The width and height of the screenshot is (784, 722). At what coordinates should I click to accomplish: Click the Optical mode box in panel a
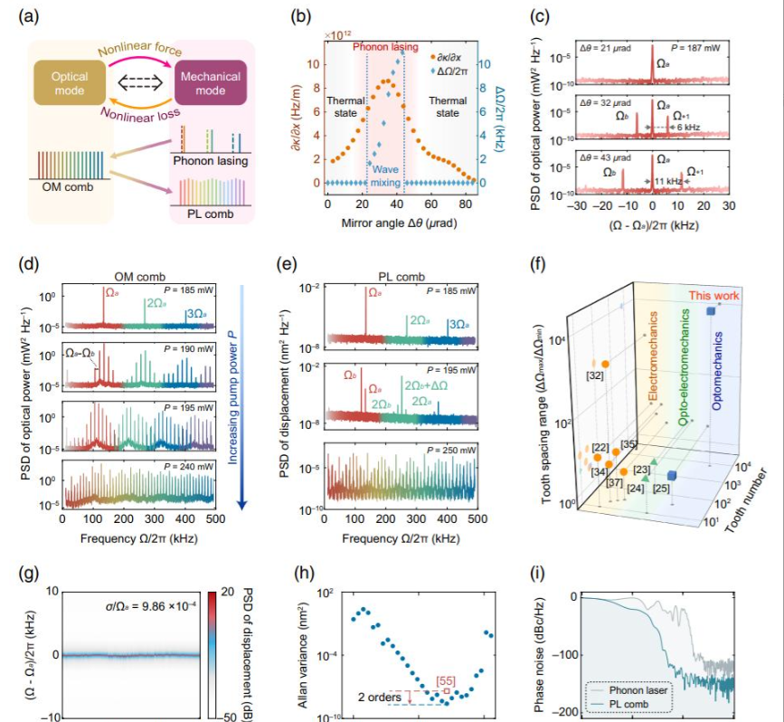point(71,84)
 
